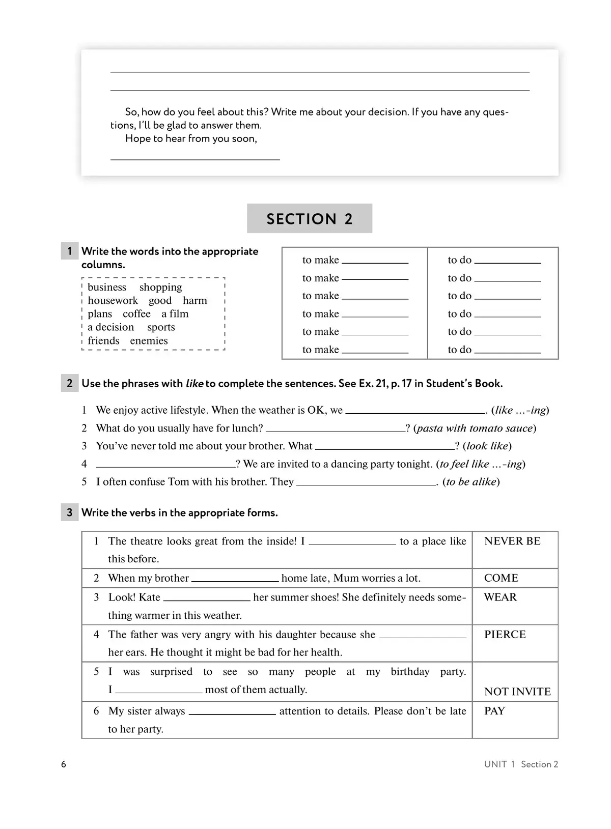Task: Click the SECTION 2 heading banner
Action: point(310,219)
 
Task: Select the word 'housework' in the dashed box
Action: point(113,301)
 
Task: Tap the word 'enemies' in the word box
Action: point(149,341)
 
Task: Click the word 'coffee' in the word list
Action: point(136,314)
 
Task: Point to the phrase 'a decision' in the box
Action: point(110,327)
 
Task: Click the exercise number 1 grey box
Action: point(70,251)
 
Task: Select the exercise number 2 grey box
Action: point(70,383)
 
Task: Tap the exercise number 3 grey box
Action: point(70,512)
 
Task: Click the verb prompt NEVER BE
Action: point(512,541)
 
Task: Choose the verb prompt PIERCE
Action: point(505,635)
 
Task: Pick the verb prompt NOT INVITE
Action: point(517,692)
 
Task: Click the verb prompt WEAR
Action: point(501,597)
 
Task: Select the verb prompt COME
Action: point(501,578)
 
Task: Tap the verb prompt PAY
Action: point(494,711)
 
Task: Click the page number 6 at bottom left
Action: point(64,764)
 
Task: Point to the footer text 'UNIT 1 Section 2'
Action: point(521,764)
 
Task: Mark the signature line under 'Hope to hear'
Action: point(195,159)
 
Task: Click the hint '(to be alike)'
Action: point(471,482)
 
